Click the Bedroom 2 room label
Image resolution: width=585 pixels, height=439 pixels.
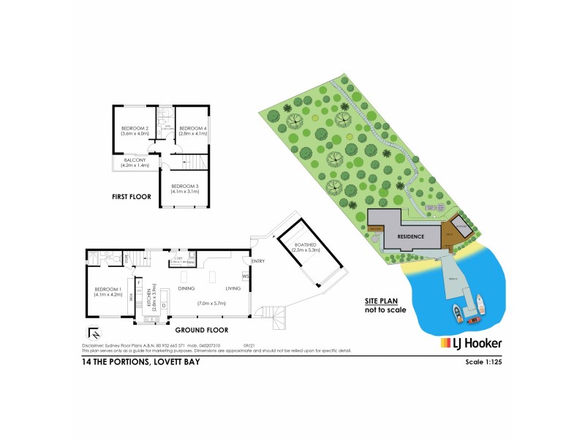[135, 129]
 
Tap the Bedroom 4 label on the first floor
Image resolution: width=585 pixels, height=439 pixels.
[193, 129]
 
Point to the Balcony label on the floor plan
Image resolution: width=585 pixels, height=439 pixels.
[135, 160]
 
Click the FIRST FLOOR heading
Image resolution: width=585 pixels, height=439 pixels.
[132, 197]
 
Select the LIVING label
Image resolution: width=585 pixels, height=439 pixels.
[233, 288]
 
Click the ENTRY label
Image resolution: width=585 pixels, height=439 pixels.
[257, 261]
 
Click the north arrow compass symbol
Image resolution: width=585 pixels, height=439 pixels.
[91, 331]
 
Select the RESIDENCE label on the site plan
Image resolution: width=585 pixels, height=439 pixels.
[411, 237]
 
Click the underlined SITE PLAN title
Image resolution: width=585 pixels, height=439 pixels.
[383, 301]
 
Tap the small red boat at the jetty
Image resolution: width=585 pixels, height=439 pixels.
[472, 319]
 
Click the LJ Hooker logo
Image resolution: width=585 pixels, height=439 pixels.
[470, 343]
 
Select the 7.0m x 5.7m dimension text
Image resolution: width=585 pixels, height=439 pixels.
[212, 303]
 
